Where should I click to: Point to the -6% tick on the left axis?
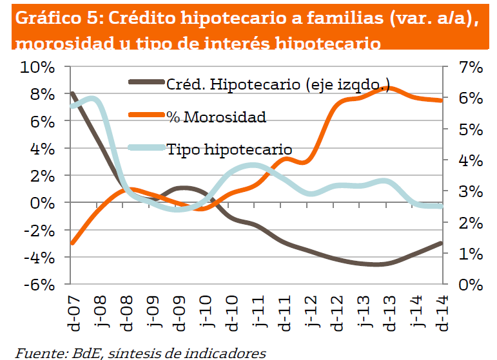tap(40, 284)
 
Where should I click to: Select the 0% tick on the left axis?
tap(45, 203)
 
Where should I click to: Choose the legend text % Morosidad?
tap(216, 117)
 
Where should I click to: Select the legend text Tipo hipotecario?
tap(229, 149)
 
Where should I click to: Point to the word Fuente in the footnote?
tap(36, 352)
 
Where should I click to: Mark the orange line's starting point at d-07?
tap(72, 243)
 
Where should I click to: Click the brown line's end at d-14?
tap(442, 243)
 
